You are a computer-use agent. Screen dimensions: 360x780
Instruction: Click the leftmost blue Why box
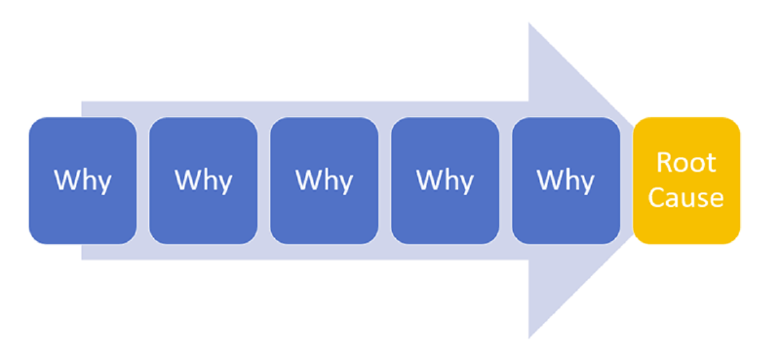[x=83, y=180]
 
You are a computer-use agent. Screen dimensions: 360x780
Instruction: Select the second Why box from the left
[x=204, y=180]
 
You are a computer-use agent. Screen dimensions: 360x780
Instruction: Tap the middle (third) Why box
[x=325, y=180]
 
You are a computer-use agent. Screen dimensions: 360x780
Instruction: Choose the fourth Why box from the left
[x=445, y=180]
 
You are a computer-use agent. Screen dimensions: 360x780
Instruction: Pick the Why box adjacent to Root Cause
[x=565, y=180]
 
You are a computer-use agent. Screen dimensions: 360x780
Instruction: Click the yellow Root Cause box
[x=686, y=180]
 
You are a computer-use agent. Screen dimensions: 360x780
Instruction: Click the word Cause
[x=686, y=198]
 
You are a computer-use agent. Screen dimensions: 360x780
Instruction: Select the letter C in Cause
[x=658, y=198]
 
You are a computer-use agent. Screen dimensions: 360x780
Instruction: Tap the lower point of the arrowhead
[x=529, y=336]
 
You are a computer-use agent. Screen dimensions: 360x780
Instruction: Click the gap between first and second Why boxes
[x=143, y=180]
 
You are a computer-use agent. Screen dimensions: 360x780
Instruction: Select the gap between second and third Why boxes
[x=264, y=180]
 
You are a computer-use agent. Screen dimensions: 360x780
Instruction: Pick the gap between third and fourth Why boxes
[x=385, y=180]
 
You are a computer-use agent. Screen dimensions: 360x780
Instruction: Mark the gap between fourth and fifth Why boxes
[x=506, y=180]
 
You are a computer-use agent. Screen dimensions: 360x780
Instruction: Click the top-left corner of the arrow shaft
[x=82, y=101]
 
